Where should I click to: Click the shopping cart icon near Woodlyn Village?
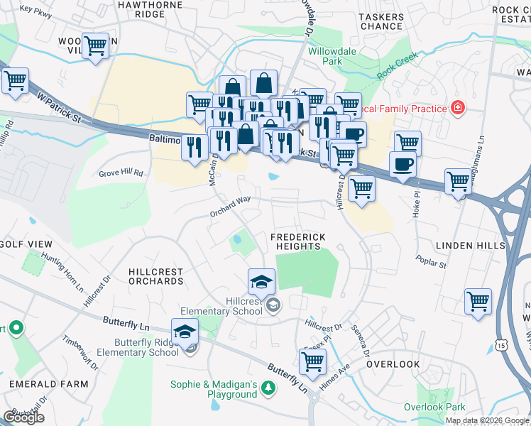click(94, 47)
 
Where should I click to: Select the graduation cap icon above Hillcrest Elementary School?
click(261, 283)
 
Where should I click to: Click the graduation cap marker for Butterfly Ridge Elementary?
click(185, 332)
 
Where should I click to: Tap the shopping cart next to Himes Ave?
click(312, 361)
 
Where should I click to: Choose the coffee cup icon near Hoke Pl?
click(403, 164)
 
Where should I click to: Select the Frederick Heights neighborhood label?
click(297, 241)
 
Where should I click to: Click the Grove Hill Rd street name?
click(121, 173)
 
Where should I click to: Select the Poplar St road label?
click(432, 262)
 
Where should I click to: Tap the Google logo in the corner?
click(23, 417)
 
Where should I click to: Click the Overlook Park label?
click(434, 407)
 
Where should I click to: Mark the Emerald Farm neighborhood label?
click(48, 384)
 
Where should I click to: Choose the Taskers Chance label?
click(381, 21)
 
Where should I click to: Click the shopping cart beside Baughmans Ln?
click(459, 181)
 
